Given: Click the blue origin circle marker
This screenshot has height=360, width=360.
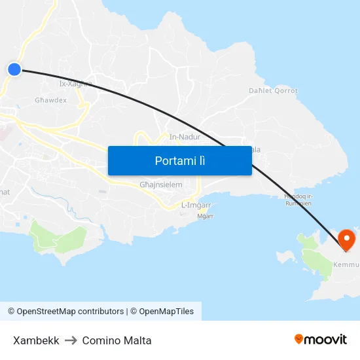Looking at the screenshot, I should (x=14, y=69).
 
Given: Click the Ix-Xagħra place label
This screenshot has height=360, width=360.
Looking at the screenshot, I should (x=72, y=84).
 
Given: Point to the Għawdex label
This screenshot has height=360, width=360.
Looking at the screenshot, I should (x=50, y=101).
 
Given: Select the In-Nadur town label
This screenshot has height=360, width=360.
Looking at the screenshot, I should (x=184, y=137).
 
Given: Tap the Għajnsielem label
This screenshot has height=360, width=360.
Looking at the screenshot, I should (x=161, y=185).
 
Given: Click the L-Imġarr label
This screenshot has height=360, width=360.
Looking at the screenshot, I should (x=196, y=205).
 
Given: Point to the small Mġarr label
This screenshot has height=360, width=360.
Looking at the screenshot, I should (x=206, y=216).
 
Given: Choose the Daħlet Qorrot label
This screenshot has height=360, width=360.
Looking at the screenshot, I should (x=273, y=91).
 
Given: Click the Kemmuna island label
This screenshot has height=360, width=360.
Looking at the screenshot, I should (x=347, y=265).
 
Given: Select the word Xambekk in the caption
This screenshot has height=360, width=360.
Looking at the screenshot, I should (x=36, y=340).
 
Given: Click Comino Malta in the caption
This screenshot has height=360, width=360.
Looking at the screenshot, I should (x=117, y=340).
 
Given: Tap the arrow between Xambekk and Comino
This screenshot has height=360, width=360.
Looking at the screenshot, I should (x=71, y=340).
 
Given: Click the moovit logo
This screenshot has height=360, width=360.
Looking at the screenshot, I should (x=321, y=339).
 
